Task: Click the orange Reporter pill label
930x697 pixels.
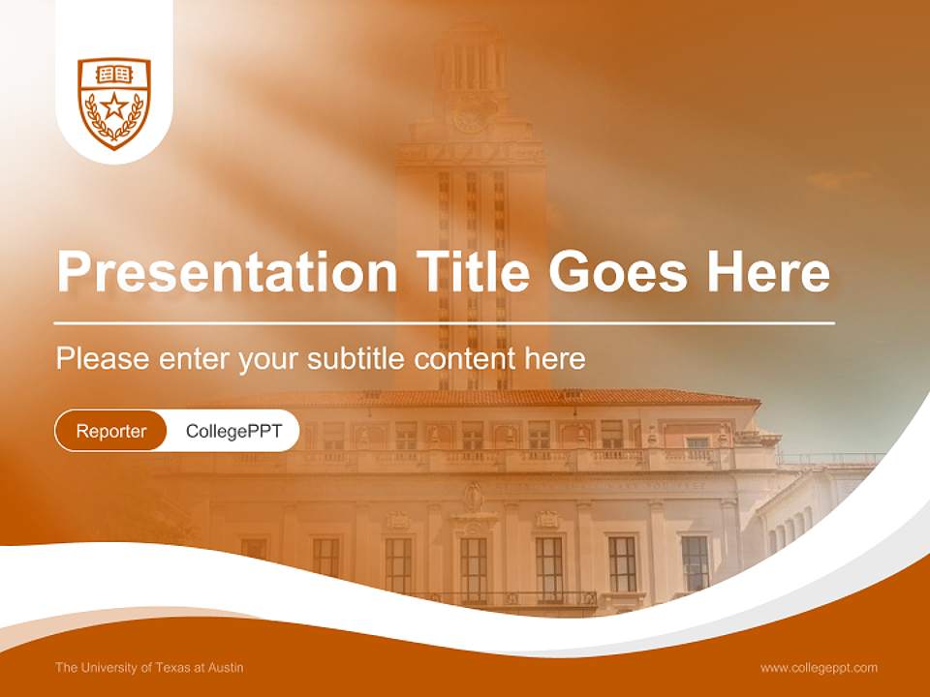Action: pos(111,431)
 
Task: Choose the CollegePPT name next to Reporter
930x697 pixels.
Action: pos(233,431)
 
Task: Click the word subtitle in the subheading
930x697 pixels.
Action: pos(356,359)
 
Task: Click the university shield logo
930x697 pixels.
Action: pos(114,103)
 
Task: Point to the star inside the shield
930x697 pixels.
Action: pos(114,106)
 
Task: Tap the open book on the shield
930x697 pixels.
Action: pos(114,75)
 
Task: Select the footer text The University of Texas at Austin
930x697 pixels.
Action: pos(149,667)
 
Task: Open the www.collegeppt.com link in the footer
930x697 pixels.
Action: pos(819,667)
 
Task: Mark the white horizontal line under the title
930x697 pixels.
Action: pos(445,322)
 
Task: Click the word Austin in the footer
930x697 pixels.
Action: pos(226,667)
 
